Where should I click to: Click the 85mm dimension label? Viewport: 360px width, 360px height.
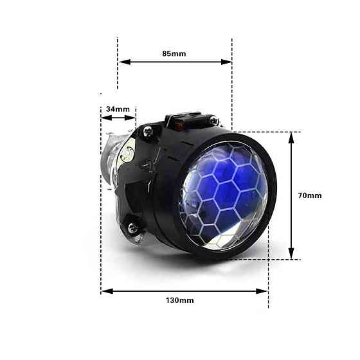pyautogui.click(x=174, y=53)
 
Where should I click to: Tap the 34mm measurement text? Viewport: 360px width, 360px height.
pyautogui.click(x=118, y=109)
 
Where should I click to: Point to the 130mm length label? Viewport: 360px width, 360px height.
pyautogui.click(x=181, y=300)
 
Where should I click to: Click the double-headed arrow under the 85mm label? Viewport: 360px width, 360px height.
pyautogui.click(x=175, y=62)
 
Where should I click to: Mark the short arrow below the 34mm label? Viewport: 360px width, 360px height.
pyautogui.click(x=119, y=117)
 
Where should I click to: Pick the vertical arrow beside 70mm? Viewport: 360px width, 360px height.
pyautogui.click(x=291, y=195)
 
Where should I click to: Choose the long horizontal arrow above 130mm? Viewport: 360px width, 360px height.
pyautogui.click(x=184, y=291)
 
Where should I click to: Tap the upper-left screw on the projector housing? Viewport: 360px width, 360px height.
pyautogui.click(x=148, y=131)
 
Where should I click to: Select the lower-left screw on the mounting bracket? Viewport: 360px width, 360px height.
pyautogui.click(x=133, y=227)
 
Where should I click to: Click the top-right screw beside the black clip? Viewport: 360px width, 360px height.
pyautogui.click(x=215, y=120)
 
